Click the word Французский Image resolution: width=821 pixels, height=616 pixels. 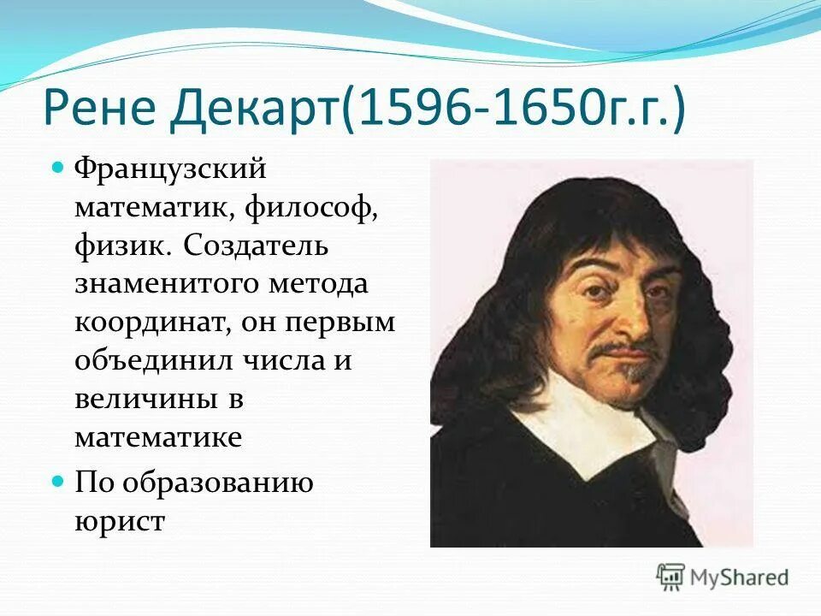coord(171,169)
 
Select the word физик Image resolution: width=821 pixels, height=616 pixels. coord(120,246)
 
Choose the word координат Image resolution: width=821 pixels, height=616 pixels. coord(146,323)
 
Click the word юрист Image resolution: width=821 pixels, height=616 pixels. coord(119,521)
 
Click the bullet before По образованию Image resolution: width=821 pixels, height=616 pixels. coord(59,481)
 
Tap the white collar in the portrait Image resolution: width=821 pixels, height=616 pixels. coord(590,428)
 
